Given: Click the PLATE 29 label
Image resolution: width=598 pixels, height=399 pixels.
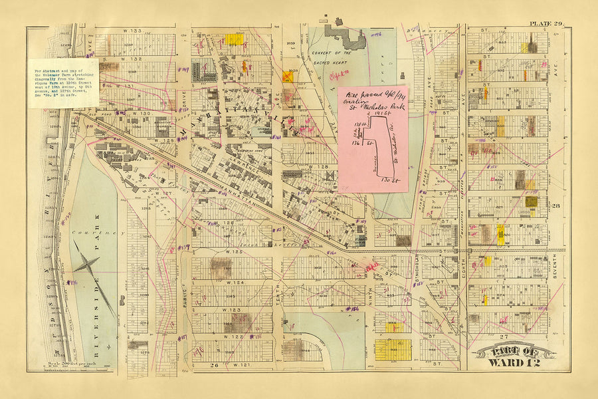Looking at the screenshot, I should (546, 25).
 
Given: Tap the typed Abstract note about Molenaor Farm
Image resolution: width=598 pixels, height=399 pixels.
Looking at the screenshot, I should (64, 82).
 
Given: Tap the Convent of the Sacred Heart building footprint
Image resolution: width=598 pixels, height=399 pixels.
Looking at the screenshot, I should (345, 37).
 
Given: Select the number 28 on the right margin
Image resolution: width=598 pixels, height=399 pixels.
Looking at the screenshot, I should (555, 207).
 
